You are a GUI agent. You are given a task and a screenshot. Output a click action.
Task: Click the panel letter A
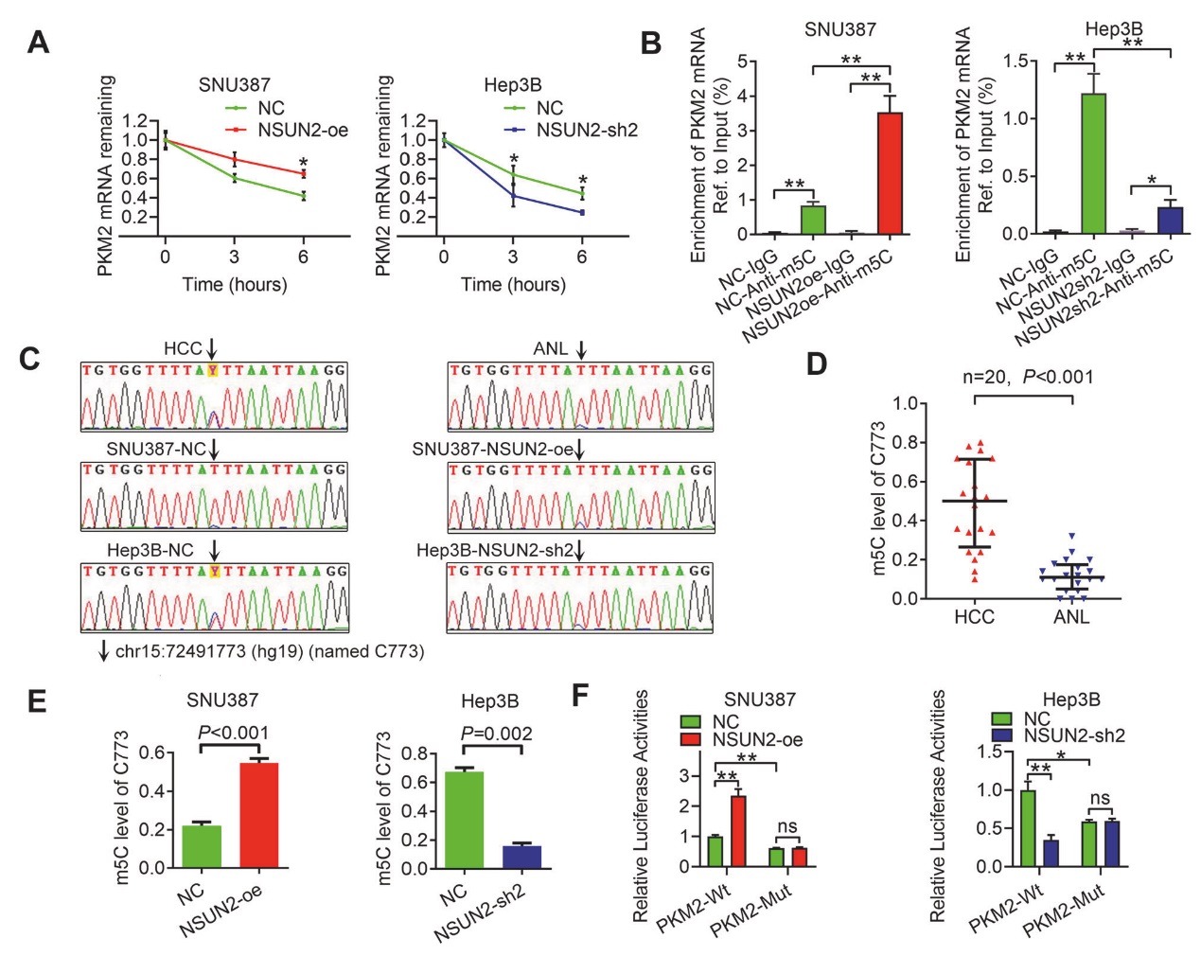[x=38, y=43]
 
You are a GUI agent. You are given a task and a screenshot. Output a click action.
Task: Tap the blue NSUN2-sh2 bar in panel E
[x=521, y=857]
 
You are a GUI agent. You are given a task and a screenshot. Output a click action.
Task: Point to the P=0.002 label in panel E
[x=496, y=734]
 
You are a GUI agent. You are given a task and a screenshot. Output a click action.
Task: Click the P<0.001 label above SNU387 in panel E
[x=233, y=733]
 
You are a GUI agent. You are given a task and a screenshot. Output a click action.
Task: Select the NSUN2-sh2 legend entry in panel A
[x=586, y=130]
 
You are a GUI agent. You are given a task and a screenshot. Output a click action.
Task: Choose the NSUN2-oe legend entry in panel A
[x=303, y=130]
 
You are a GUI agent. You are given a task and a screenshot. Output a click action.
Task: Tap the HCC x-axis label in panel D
[x=974, y=617]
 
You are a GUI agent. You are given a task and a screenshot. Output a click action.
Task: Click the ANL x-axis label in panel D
[x=1071, y=617]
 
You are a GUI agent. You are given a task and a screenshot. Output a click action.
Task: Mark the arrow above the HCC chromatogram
[x=211, y=349]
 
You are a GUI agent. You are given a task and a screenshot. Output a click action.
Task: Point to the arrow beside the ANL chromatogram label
[x=581, y=349]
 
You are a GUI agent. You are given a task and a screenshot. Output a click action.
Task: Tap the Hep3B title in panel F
[x=1071, y=700]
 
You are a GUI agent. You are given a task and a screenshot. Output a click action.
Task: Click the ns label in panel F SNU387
[x=787, y=827]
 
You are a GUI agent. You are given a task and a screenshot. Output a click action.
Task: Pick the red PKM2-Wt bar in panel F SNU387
[x=738, y=831]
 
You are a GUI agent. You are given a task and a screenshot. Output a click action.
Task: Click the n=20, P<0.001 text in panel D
[x=1028, y=377]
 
